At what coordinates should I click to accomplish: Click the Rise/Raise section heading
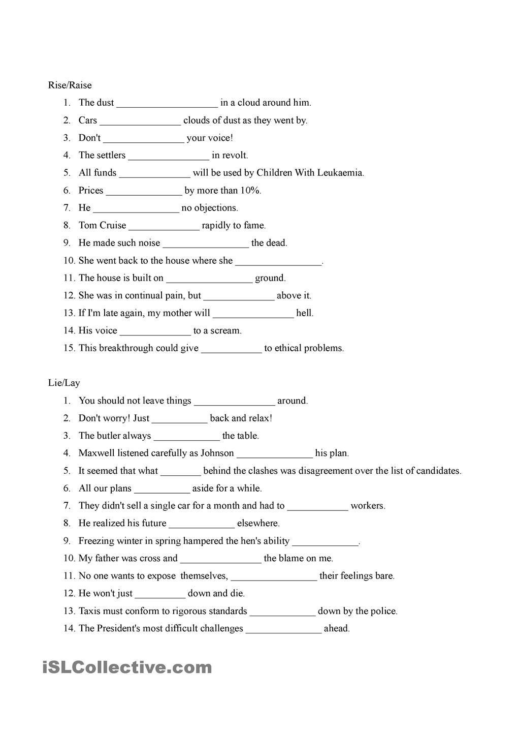click(70, 85)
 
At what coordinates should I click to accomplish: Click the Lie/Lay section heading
click(64, 383)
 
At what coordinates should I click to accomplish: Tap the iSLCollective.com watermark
click(127, 667)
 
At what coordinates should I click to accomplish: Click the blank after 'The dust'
click(167, 103)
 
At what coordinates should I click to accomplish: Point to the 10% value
click(250, 191)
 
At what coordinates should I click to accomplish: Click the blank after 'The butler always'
click(186, 436)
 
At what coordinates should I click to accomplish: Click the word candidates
click(438, 471)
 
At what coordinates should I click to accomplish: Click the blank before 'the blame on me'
click(220, 559)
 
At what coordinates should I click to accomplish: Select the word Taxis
click(89, 611)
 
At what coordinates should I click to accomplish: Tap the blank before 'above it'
click(239, 296)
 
